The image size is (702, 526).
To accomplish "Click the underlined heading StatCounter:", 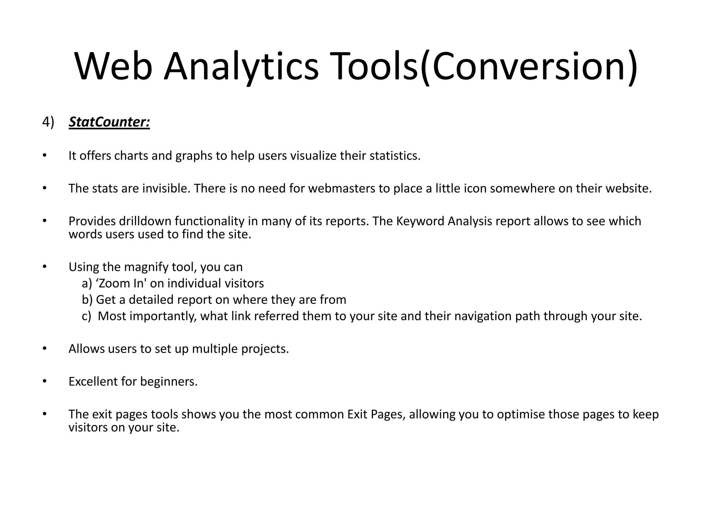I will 109,122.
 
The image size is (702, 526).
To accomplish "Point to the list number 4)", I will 48,122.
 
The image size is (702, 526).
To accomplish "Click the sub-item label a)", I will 87,284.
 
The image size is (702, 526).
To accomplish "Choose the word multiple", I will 215,349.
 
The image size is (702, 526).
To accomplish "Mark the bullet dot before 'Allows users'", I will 44,349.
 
